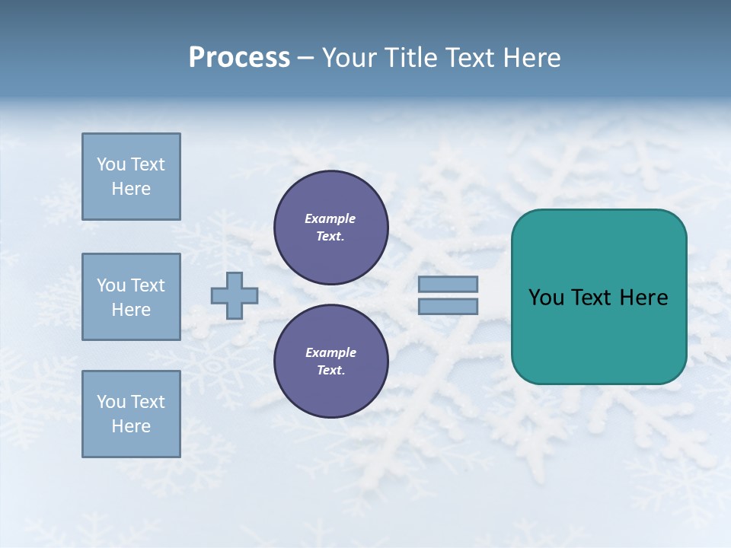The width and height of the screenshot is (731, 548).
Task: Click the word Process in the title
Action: (239, 58)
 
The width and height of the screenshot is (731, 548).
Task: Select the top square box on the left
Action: (131, 177)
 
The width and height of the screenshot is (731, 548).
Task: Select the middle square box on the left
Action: (131, 297)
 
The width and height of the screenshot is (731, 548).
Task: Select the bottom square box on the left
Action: (131, 413)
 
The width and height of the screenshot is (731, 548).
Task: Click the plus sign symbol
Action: (235, 295)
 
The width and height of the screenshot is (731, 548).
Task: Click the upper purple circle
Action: (330, 228)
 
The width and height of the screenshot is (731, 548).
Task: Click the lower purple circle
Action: (330, 362)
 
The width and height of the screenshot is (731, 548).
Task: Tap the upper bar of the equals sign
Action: (448, 284)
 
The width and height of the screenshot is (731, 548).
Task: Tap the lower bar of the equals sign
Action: (448, 306)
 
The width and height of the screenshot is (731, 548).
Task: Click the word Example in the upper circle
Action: (330, 218)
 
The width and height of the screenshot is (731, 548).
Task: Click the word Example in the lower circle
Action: (330, 352)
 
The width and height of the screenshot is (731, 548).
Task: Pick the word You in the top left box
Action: (110, 164)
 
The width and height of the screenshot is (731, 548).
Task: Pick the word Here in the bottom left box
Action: (131, 426)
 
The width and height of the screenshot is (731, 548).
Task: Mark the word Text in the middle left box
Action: (148, 285)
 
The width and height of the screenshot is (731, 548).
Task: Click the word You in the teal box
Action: (546, 298)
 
